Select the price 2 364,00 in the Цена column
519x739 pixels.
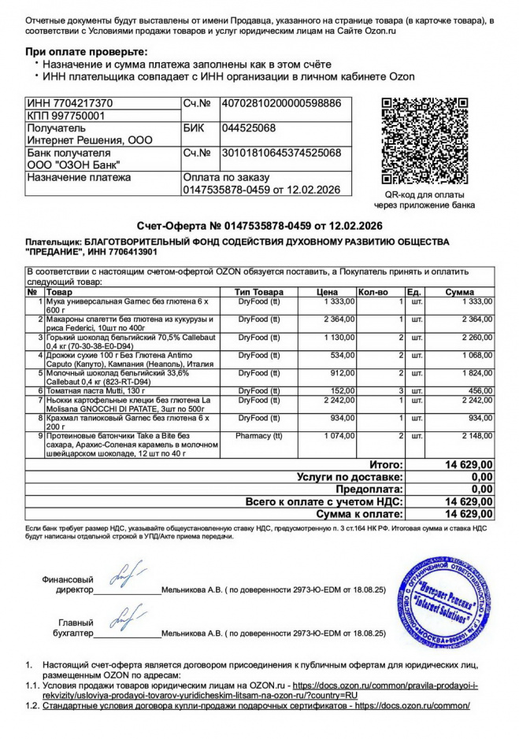(x=339, y=319)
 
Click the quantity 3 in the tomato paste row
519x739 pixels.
(x=401, y=390)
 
